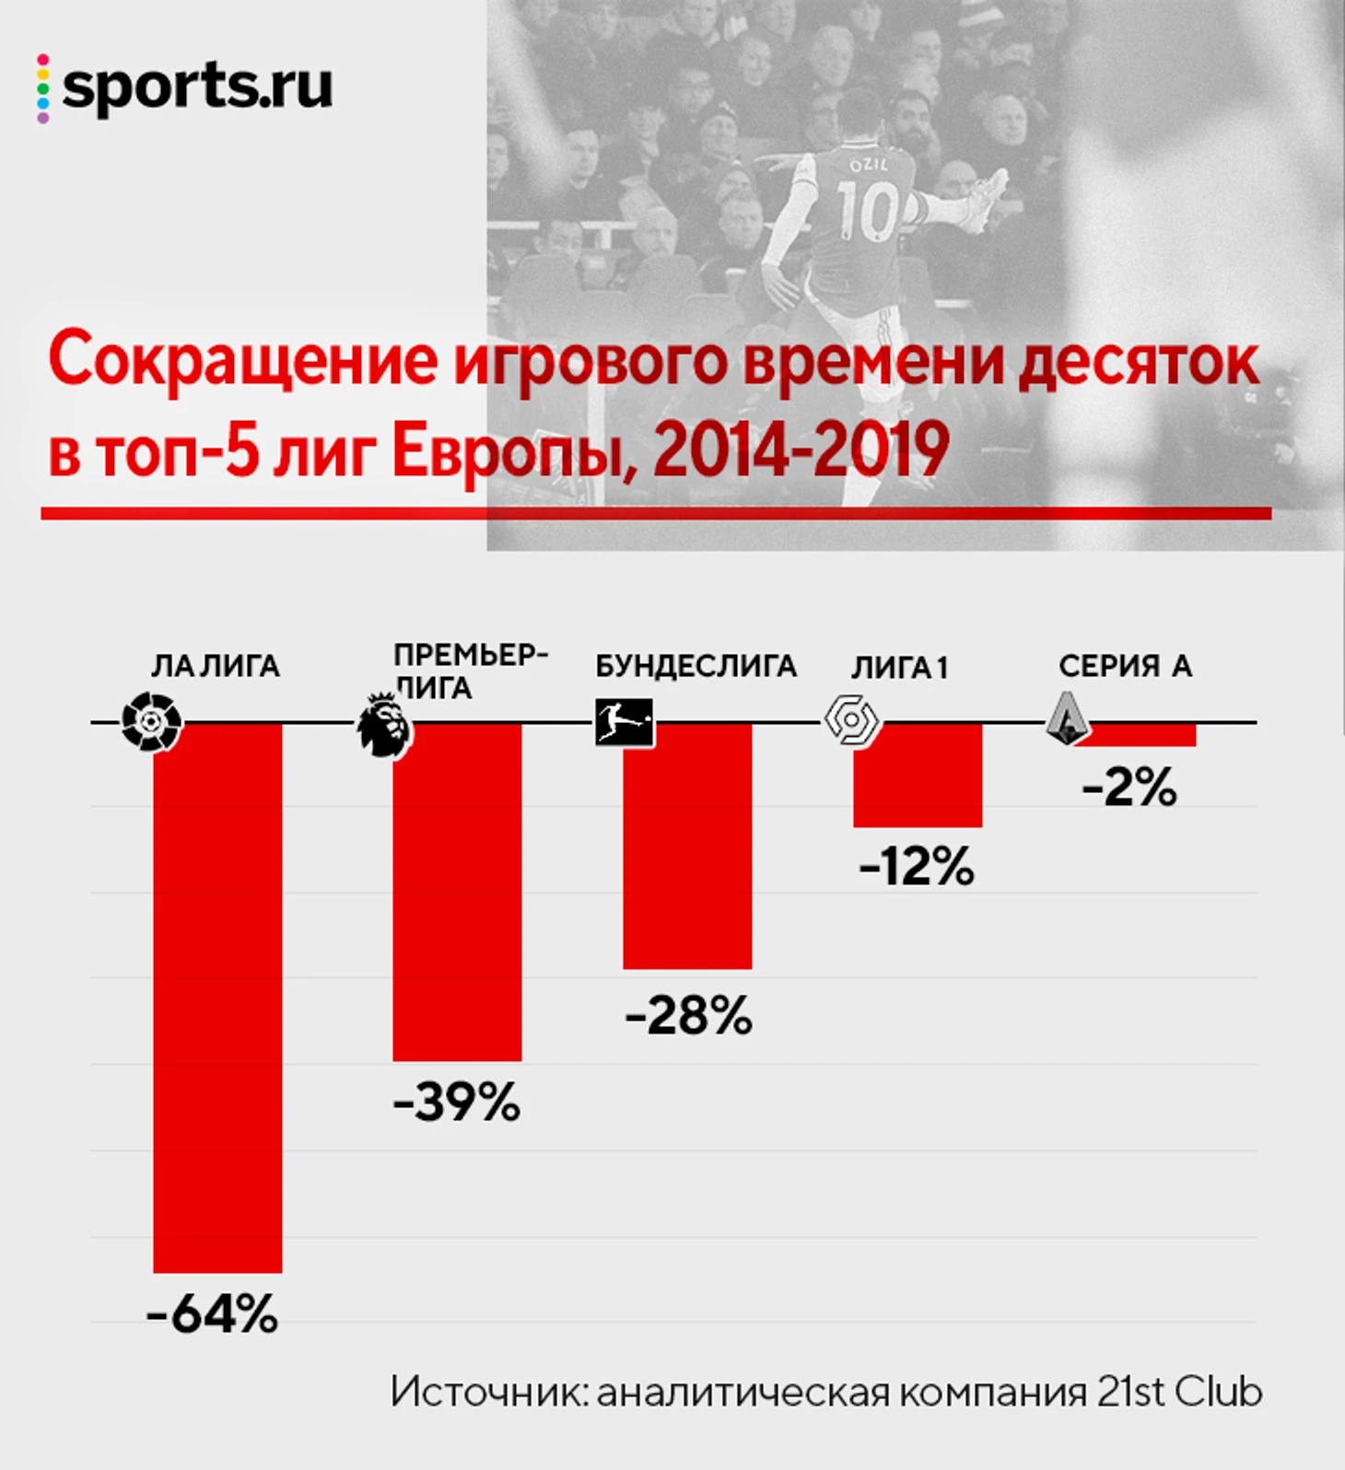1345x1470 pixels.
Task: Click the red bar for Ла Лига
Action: click(x=217, y=997)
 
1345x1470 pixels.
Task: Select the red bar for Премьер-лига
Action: click(x=457, y=892)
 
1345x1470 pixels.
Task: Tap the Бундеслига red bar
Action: click(x=687, y=846)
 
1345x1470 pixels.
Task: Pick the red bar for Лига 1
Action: click(x=918, y=775)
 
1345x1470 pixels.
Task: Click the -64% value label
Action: click(x=212, y=1313)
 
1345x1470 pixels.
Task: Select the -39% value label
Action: click(x=457, y=1102)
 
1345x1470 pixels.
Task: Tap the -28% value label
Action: click(x=688, y=1015)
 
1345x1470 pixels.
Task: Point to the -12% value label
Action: click(x=917, y=867)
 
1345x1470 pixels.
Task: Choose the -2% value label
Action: click(x=1129, y=788)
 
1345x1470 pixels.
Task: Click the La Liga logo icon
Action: click(x=152, y=722)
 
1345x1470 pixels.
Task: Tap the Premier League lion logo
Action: click(x=383, y=725)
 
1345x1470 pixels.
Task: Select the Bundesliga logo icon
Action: click(x=624, y=722)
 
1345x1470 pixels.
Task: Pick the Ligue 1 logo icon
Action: click(x=850, y=721)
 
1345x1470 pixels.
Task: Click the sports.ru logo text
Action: click(x=196, y=87)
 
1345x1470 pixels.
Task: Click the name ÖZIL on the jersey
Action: click(x=868, y=165)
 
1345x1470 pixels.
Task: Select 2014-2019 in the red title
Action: click(x=801, y=450)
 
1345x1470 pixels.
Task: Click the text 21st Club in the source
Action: click(x=1179, y=1393)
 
